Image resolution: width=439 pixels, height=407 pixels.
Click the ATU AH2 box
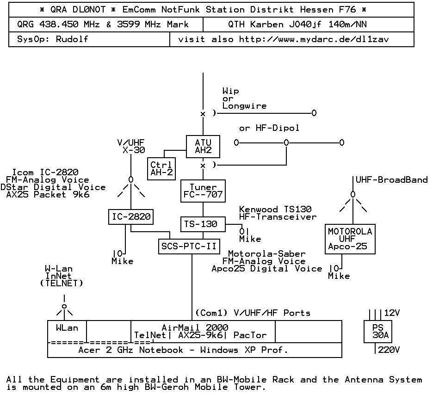tap(203, 146)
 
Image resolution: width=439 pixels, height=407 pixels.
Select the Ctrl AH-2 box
tap(161, 169)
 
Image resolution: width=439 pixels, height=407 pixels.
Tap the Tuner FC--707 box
tap(203, 191)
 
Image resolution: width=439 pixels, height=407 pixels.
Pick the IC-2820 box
tap(131, 216)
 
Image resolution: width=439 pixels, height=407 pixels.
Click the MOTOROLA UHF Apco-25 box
tap(350, 239)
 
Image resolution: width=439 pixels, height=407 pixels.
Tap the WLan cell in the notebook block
tap(67, 328)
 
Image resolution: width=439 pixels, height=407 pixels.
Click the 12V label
tap(392, 313)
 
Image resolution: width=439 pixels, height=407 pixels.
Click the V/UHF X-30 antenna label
tap(131, 146)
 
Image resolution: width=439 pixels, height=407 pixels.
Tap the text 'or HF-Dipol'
tap(269, 128)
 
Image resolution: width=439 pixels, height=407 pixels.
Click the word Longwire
tap(244, 106)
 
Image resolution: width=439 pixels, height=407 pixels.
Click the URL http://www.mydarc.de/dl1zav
tap(314, 39)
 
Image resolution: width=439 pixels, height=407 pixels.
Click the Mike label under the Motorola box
tap(339, 276)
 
